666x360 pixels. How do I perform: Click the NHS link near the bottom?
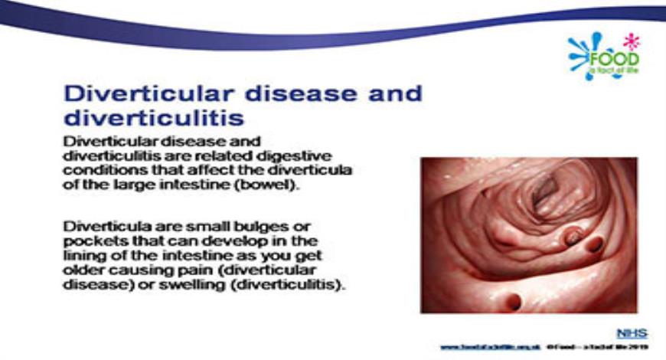(632, 333)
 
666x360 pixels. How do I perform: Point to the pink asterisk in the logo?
(631, 41)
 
